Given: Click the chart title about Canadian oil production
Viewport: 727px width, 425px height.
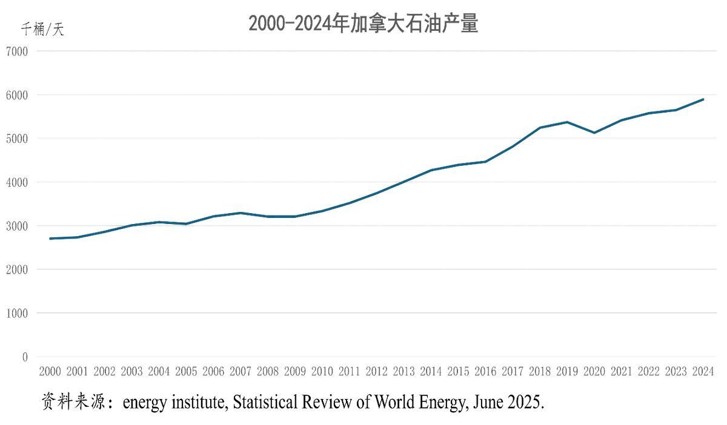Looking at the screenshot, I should [363, 24].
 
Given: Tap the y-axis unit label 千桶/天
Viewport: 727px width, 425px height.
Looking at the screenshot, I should [42, 29].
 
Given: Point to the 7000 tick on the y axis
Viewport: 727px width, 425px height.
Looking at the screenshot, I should [17, 51].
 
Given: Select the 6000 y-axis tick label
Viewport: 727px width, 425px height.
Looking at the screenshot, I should [17, 95].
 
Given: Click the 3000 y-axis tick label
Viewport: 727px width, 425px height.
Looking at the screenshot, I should [17, 226].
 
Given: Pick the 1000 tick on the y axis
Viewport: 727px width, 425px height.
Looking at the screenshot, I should [17, 313].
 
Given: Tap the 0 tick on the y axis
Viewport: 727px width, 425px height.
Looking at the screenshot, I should [25, 357].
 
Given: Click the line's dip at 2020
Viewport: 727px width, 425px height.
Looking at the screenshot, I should [594, 133].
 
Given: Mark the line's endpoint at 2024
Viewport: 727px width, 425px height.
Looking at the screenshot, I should [703, 99].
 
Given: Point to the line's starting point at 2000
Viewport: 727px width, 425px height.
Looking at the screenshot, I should [50, 239].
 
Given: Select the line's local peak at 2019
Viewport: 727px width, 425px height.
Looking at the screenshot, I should [567, 122].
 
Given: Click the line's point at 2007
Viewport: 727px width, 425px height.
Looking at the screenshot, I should [241, 213].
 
